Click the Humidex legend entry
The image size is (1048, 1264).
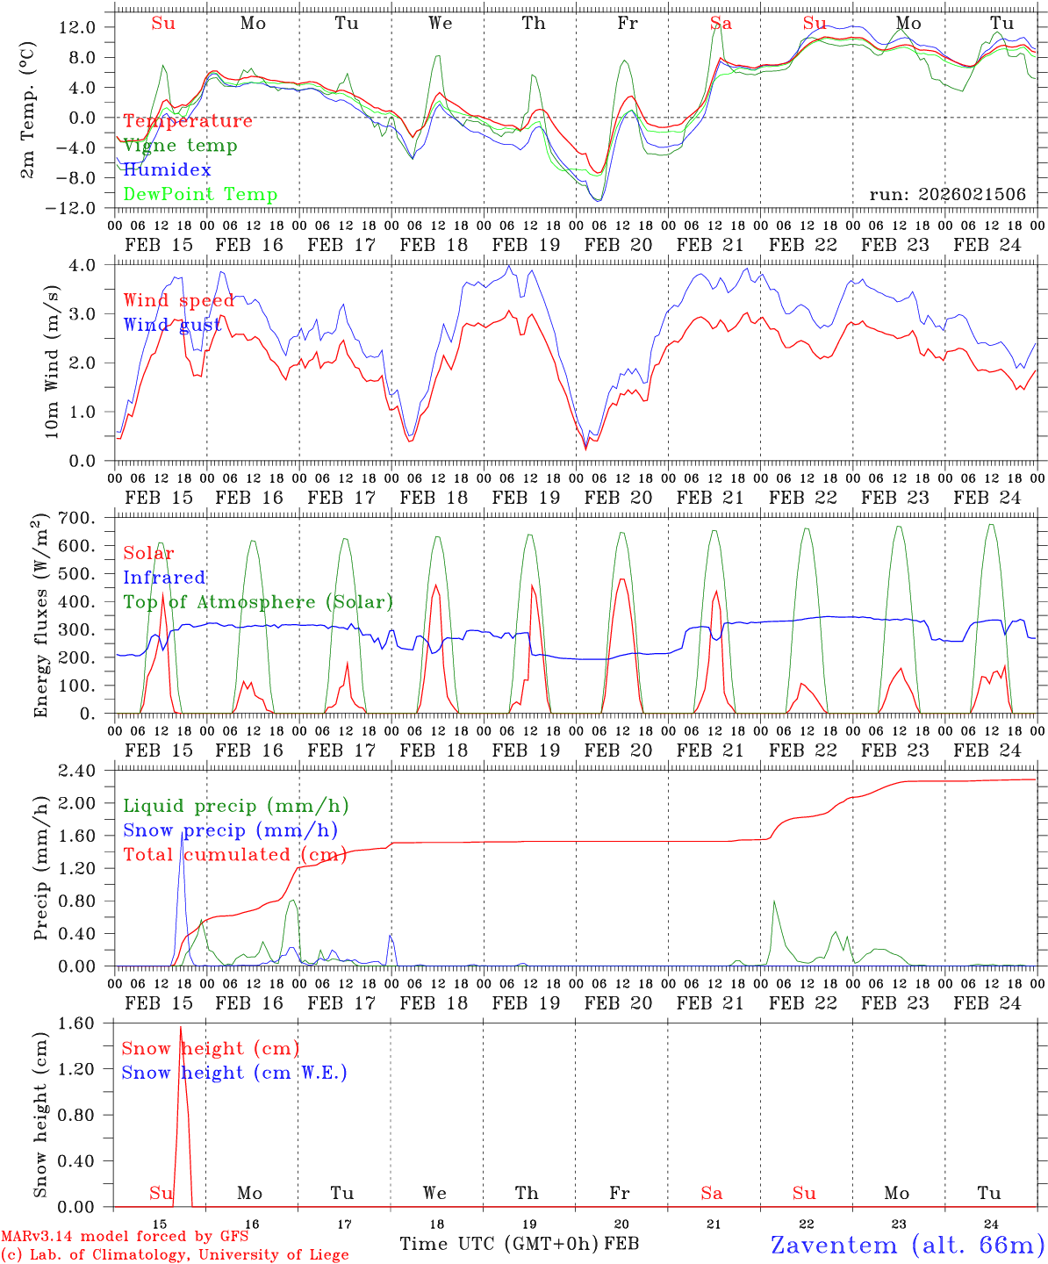pyautogui.click(x=167, y=170)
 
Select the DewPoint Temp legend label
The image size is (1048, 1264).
pyautogui.click(x=200, y=195)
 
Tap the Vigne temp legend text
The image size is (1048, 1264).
pyautogui.click(x=180, y=146)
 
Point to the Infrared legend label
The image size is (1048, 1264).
pyautogui.click(x=164, y=578)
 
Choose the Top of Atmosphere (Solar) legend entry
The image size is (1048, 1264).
pyautogui.click(x=258, y=602)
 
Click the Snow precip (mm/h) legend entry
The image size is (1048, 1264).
pyautogui.click(x=230, y=830)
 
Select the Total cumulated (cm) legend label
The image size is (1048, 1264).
pyautogui.click(x=234, y=855)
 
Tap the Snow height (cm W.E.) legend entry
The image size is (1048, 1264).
pyautogui.click(x=234, y=1073)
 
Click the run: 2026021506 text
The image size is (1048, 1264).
pyautogui.click(x=947, y=195)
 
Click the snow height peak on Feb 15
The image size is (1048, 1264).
pyautogui.click(x=181, y=1027)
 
